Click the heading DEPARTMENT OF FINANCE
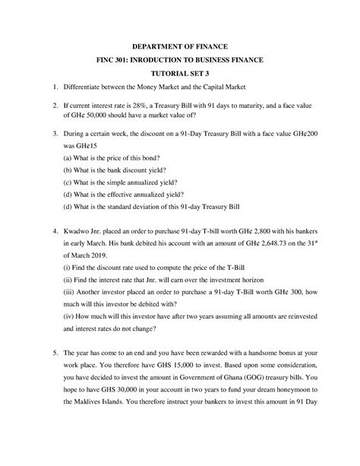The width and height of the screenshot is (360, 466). pos(179,47)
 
